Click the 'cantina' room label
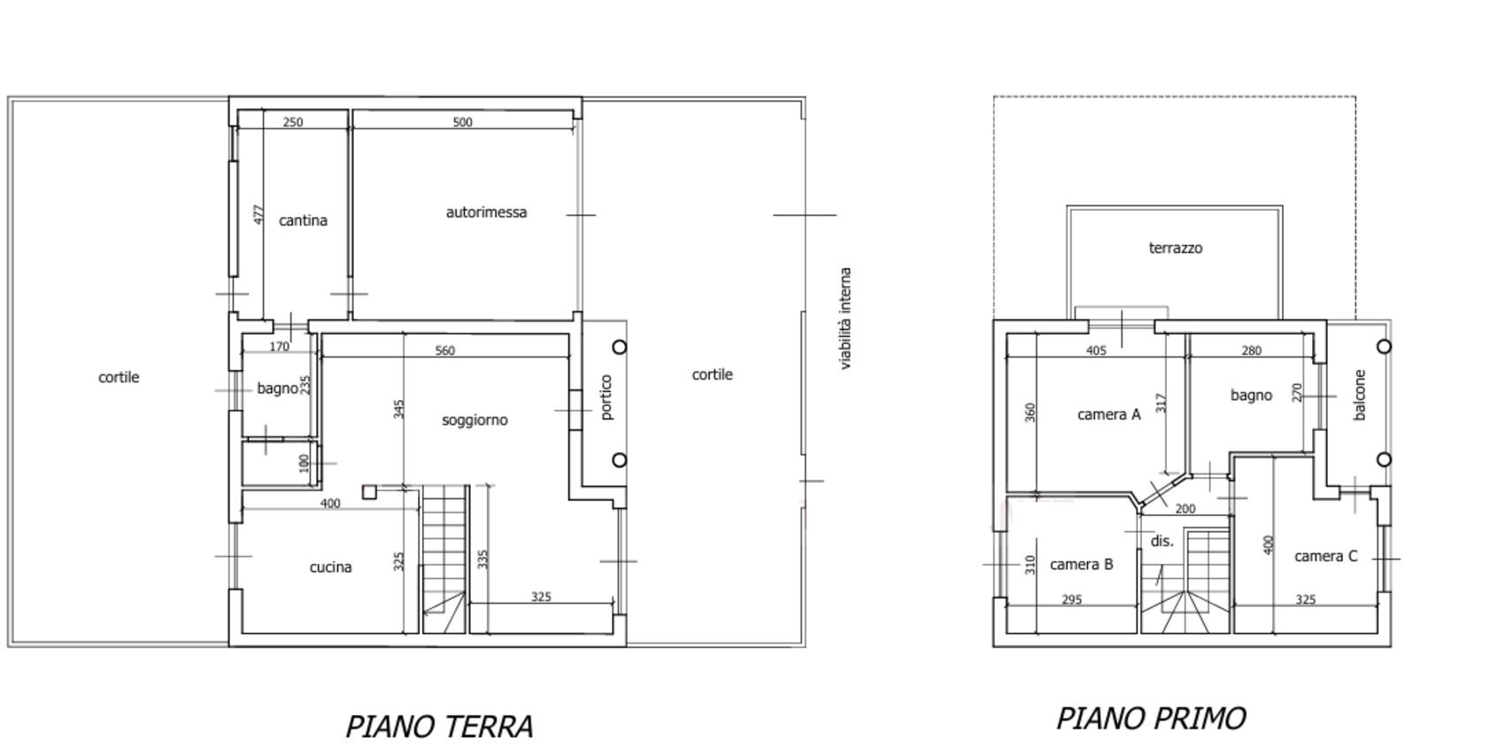pos(303,220)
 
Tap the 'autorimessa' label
pos(486,212)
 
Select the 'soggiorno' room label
pos(475,420)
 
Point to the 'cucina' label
pos(330,567)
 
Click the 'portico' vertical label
pos(606,397)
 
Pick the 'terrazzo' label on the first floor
pos(1175,248)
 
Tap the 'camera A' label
pos(1108,414)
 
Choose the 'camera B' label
pos(1081,565)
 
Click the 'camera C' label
pos(1325,556)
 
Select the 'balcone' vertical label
pos(1360,395)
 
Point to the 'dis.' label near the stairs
pos(1162,541)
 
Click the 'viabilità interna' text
pos(845,319)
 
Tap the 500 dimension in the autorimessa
pos(462,122)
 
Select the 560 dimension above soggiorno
pos(444,350)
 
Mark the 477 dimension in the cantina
pos(259,214)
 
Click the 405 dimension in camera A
pos(1096,350)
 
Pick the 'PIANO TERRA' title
pos(439,726)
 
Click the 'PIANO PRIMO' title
pos(1151,718)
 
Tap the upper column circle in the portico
pos(620,347)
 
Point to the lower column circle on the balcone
pos(1384,459)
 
